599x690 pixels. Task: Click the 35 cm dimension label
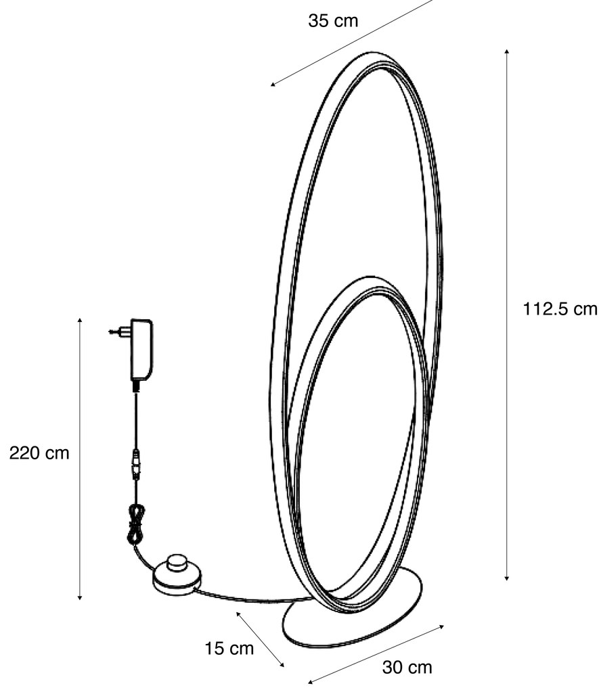pyautogui.click(x=333, y=21)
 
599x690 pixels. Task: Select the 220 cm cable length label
pyautogui.click(x=39, y=453)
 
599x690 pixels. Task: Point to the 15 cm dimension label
pyautogui.click(x=229, y=649)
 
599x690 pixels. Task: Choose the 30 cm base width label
pyautogui.click(x=407, y=668)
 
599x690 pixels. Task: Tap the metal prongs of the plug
pyautogui.click(x=115, y=331)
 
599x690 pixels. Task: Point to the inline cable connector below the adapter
pyautogui.click(x=136, y=464)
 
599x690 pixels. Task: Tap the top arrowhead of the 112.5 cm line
pyautogui.click(x=506, y=51)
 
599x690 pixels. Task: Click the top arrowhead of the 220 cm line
pyautogui.click(x=80, y=319)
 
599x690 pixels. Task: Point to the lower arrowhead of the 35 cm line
pyautogui.click(x=273, y=85)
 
